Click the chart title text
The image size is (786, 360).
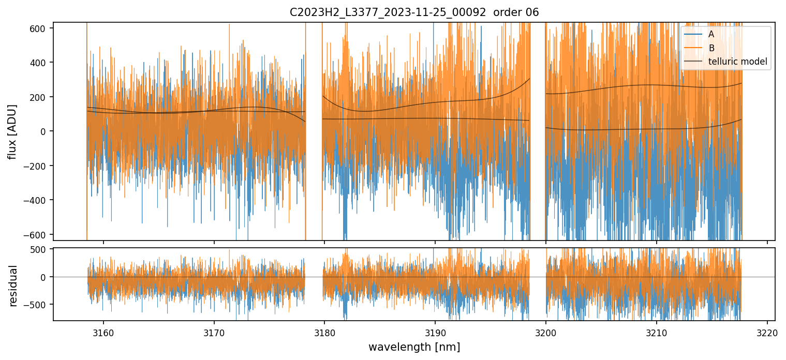[x=414, y=12]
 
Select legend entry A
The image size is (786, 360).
[x=711, y=34]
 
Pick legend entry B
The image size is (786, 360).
[x=711, y=48]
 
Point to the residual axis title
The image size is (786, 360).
[x=13, y=286]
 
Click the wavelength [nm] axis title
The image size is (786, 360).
[x=414, y=347]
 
